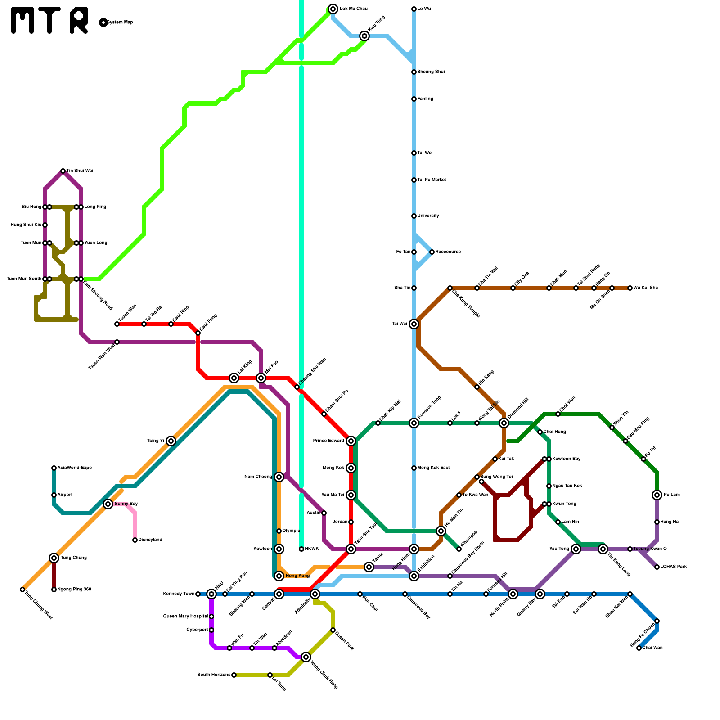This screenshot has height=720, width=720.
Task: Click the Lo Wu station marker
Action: (x=414, y=9)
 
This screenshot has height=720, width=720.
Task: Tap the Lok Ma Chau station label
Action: (x=354, y=9)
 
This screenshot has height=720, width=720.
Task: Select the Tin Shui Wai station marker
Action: (x=63, y=171)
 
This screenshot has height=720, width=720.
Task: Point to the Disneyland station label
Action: (x=150, y=540)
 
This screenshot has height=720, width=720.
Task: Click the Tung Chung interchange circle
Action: (x=54, y=558)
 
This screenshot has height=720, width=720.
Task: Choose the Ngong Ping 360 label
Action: (x=74, y=589)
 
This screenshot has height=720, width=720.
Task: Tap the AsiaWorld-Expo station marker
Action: (x=54, y=468)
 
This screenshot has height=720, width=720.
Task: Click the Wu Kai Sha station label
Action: (x=646, y=288)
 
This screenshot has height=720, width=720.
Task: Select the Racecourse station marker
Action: (x=432, y=252)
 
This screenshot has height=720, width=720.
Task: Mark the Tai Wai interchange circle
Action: (x=414, y=324)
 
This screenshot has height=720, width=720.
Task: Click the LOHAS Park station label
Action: (x=674, y=567)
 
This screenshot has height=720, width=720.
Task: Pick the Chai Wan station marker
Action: (x=639, y=648)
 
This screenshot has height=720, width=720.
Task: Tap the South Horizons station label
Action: (x=214, y=675)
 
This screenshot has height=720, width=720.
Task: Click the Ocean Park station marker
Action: (x=333, y=630)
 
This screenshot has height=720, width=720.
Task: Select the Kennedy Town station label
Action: (x=179, y=594)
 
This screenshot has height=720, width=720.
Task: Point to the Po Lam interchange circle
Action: (x=657, y=495)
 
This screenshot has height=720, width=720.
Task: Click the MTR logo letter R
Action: (x=79, y=20)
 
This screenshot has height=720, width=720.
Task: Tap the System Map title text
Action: (x=120, y=22)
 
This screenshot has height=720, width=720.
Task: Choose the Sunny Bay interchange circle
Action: (x=108, y=504)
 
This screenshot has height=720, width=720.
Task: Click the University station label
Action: (x=428, y=216)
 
